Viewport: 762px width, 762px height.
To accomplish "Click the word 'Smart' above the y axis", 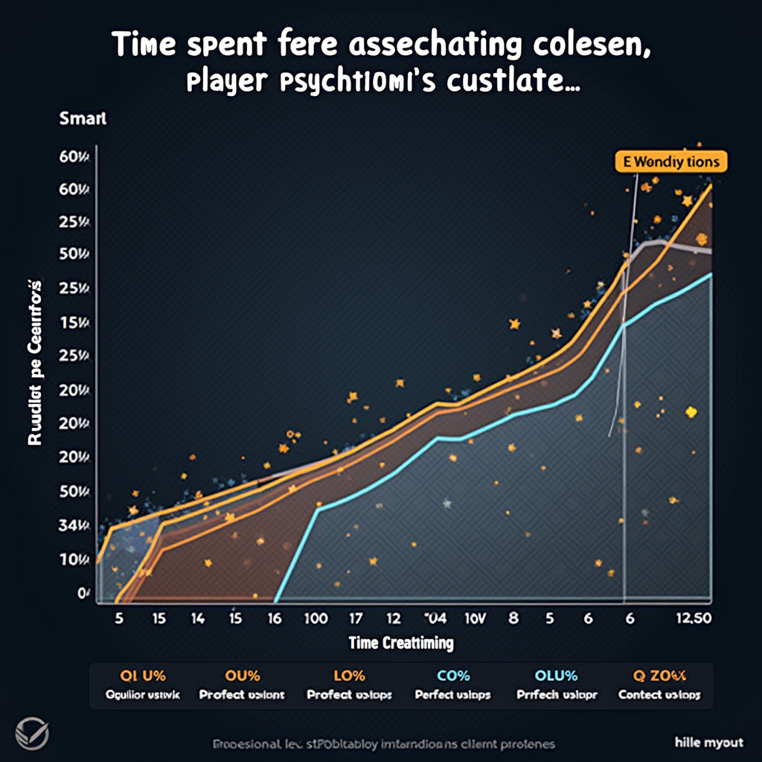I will (x=83, y=118).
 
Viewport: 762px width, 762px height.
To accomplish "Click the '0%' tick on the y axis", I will (x=83, y=593).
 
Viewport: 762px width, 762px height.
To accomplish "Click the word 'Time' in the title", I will (x=147, y=46).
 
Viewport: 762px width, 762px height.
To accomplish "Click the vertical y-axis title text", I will (x=34, y=363).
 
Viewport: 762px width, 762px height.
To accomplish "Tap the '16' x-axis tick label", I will (x=275, y=618).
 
